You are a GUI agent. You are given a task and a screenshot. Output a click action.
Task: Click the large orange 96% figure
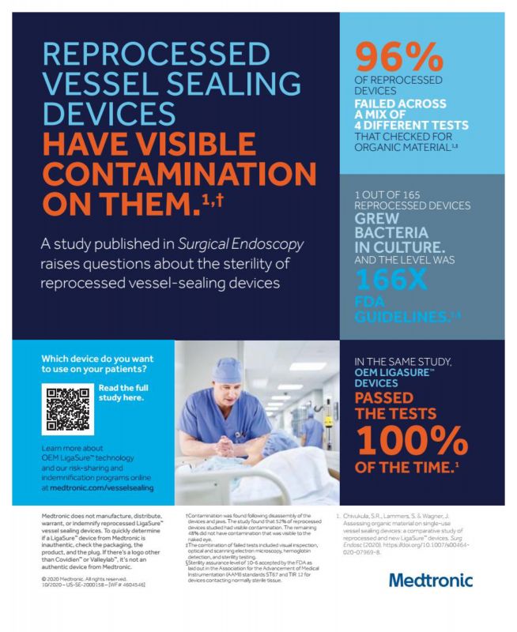[x=400, y=56]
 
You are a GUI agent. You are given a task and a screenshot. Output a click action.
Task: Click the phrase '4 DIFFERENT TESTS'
[x=411, y=126]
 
